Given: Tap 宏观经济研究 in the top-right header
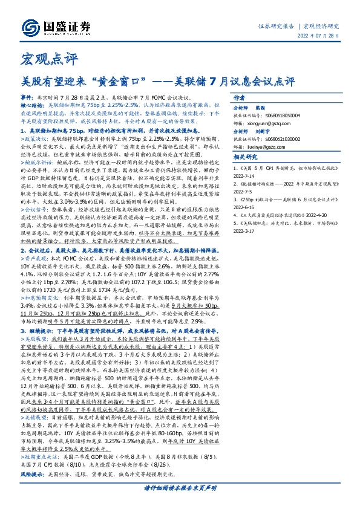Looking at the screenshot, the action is pyautogui.click(x=322, y=26).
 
